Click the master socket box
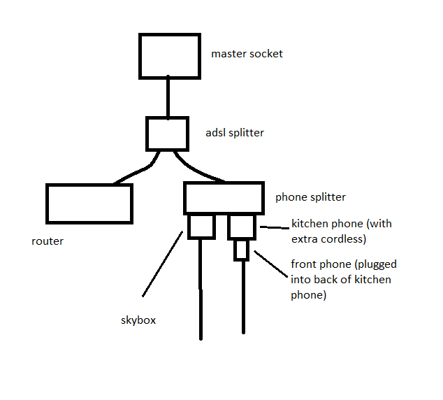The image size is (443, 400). click(x=170, y=34)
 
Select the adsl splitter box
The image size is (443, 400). click(x=167, y=117)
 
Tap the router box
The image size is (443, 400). click(x=89, y=185)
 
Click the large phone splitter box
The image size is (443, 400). click(x=224, y=183)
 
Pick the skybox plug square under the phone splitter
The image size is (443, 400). click(x=201, y=238)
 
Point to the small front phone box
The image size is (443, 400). click(x=242, y=259)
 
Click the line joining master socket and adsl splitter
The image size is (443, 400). click(x=168, y=97)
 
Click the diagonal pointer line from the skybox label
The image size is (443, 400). click(x=162, y=264)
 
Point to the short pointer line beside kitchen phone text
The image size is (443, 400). click(x=275, y=227)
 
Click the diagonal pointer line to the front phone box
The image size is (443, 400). click(x=270, y=264)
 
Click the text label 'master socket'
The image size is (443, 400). click(x=247, y=54)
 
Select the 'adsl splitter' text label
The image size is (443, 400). click(x=235, y=133)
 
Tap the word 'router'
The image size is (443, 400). click(x=48, y=241)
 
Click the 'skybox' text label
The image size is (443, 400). click(x=138, y=320)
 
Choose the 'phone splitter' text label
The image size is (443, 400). click(x=310, y=197)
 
